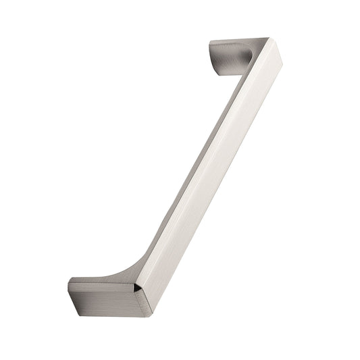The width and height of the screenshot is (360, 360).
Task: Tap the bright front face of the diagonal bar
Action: pos(216,176)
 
